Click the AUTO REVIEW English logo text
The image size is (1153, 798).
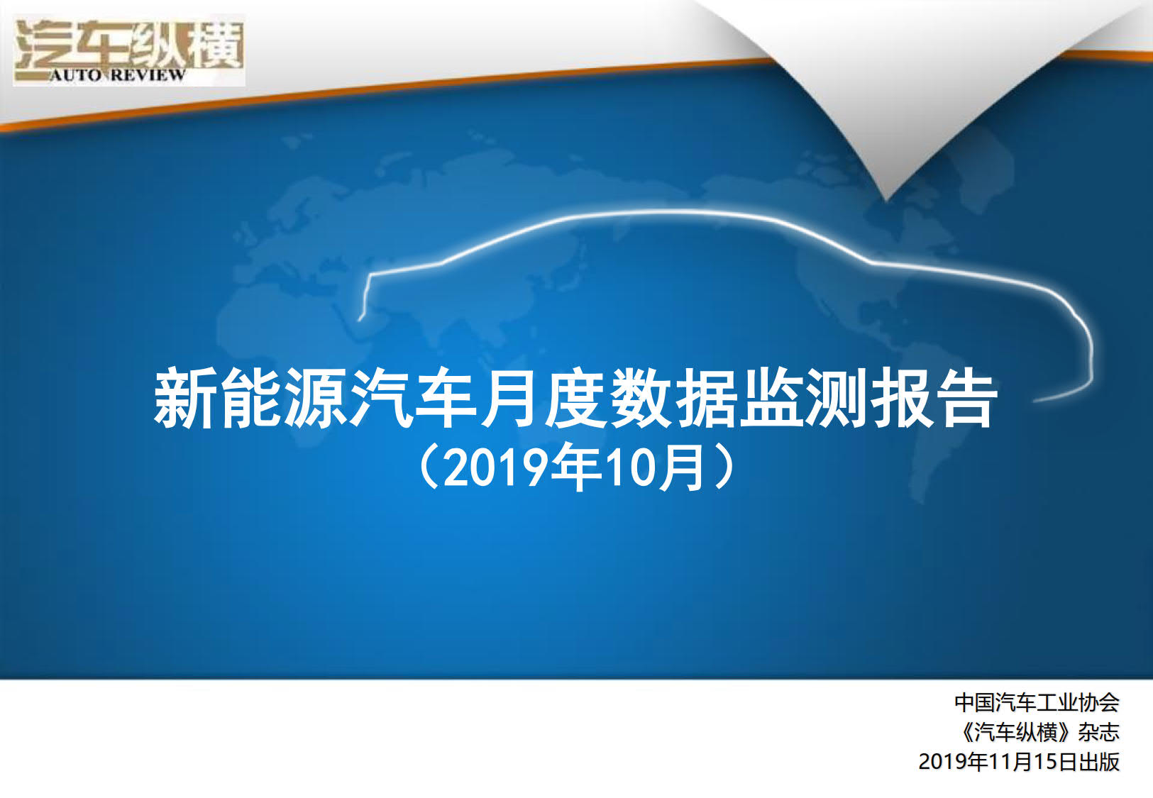point(117,75)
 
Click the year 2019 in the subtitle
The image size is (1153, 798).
point(494,469)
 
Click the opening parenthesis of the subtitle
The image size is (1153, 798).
point(429,467)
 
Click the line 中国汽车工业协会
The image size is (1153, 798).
point(1037,702)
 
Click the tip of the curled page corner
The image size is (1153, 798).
point(886,199)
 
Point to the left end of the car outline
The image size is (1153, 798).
point(360,319)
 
